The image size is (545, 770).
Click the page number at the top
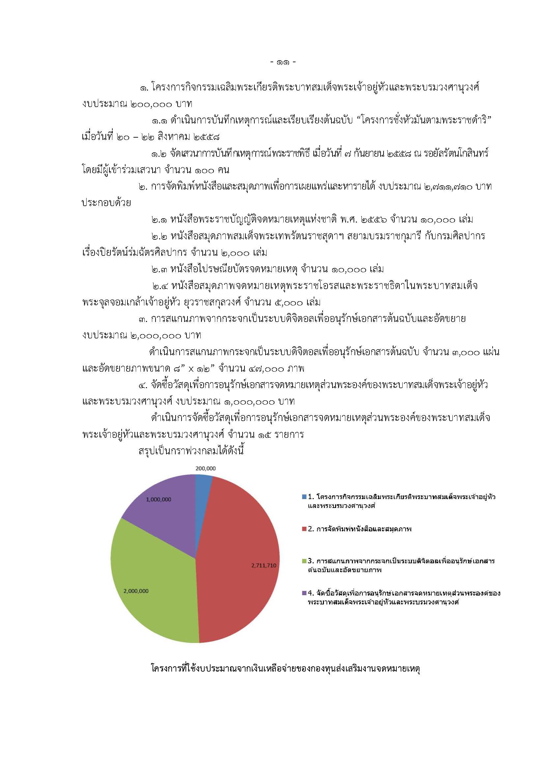[283, 62]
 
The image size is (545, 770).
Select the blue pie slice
[202, 485]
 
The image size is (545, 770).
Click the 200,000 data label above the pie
[205, 468]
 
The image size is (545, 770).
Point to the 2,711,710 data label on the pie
[264, 566]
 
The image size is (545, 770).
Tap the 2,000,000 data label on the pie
[136, 591]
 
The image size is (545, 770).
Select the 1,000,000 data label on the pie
[158, 499]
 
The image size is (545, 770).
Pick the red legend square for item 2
[304, 529]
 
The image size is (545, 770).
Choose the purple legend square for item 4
[304, 593]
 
